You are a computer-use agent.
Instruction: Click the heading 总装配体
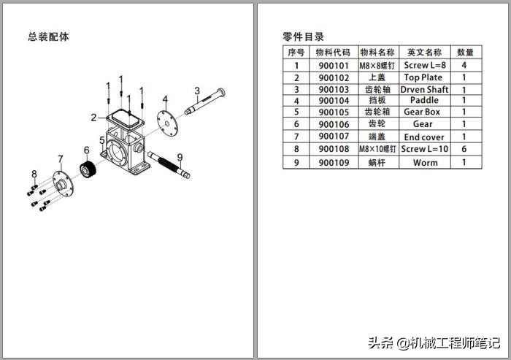click(x=49, y=37)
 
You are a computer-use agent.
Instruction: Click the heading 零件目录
click(x=303, y=37)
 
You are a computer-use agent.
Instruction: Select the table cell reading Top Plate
click(x=423, y=77)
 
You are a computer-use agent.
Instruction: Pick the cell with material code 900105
click(x=334, y=112)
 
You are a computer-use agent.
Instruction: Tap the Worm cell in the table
click(x=424, y=162)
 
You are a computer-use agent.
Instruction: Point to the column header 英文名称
click(x=424, y=53)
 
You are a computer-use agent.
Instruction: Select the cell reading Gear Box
click(x=423, y=112)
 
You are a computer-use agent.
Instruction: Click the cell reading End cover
click(x=424, y=137)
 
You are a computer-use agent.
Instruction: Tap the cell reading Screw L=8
click(x=424, y=65)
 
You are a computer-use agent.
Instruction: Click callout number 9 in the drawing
click(x=180, y=157)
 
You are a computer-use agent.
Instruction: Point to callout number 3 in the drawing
click(x=197, y=91)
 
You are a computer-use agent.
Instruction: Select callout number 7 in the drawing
click(x=61, y=159)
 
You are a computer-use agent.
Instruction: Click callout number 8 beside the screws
click(x=34, y=174)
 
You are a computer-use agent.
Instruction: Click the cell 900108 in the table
click(x=334, y=149)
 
